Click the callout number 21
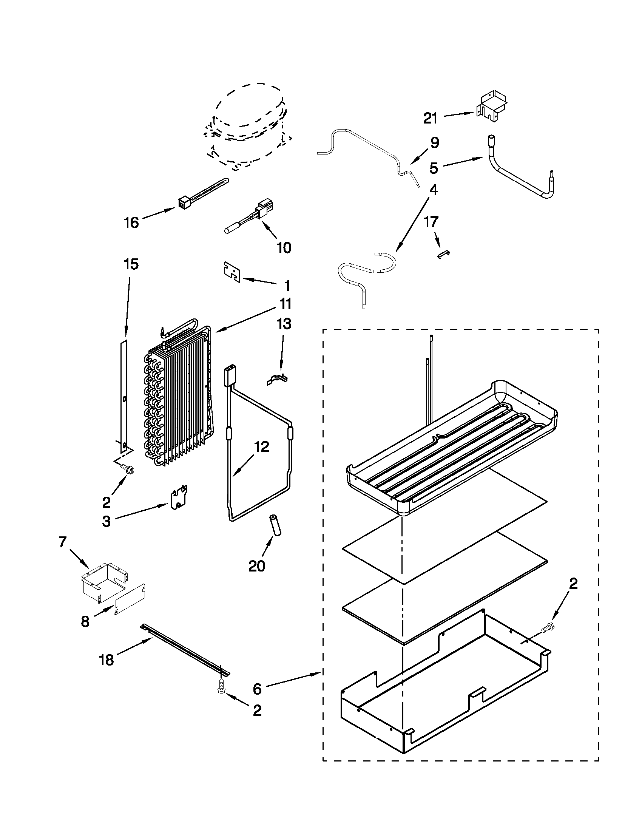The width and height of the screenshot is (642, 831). [x=431, y=118]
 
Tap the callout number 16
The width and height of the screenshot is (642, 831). [x=131, y=222]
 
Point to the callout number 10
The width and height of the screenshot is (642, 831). [x=284, y=248]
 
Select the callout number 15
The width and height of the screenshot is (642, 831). [x=131, y=264]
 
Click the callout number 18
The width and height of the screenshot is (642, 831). [x=107, y=660]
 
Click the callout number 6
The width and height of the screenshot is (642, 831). [x=257, y=688]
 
